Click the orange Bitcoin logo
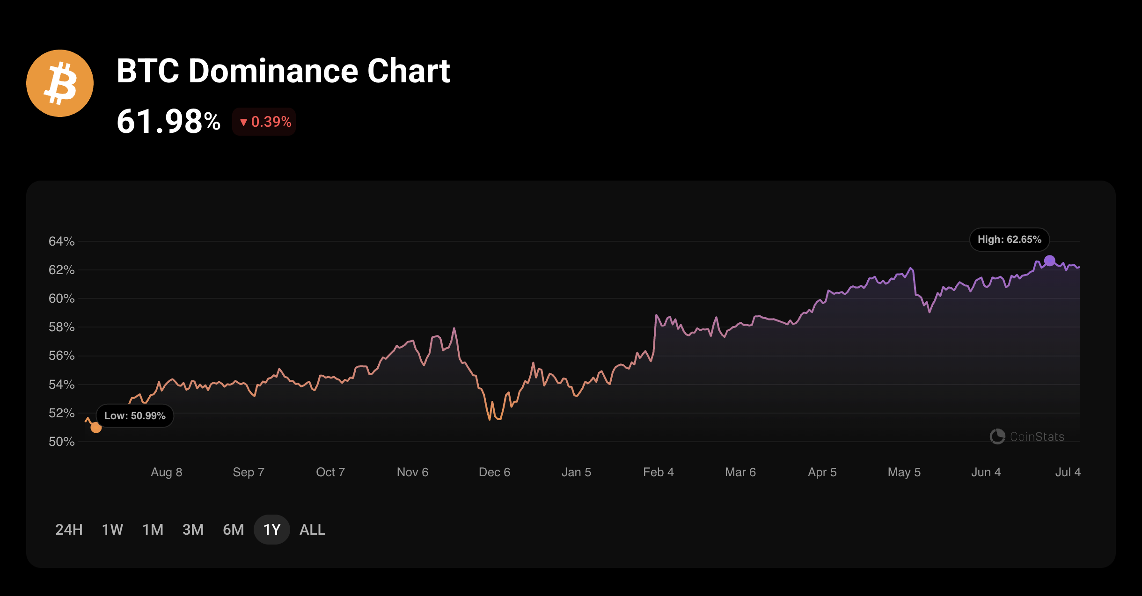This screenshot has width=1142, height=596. click(60, 83)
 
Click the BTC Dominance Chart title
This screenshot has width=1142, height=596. click(283, 71)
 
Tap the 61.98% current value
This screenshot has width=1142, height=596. click(168, 122)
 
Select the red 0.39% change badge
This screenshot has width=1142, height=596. click(264, 122)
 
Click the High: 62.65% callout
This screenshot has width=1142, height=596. click(1009, 240)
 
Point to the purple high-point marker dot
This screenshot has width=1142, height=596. click(1050, 261)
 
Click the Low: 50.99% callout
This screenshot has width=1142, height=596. click(135, 415)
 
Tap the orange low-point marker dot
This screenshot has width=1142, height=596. click(96, 427)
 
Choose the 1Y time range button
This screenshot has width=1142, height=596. click(271, 530)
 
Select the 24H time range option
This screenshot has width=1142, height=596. click(69, 530)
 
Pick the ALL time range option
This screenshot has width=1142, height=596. click(312, 530)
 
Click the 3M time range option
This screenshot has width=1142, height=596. click(193, 530)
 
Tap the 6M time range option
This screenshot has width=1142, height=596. click(233, 530)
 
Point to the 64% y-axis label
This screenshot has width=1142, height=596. click(61, 241)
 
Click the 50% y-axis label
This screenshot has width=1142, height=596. click(61, 442)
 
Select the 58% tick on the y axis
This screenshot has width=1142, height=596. click(61, 327)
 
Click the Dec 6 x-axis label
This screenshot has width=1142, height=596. click(494, 472)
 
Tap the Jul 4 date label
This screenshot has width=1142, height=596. click(1068, 472)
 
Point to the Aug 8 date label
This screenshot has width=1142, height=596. click(166, 472)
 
